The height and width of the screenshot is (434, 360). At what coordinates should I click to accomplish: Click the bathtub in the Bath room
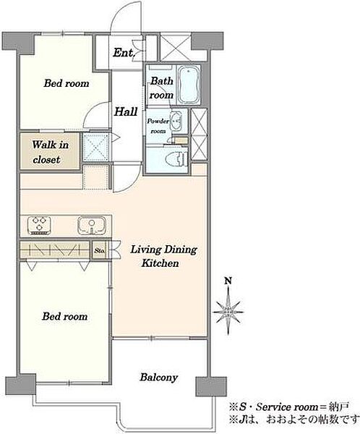[189, 85]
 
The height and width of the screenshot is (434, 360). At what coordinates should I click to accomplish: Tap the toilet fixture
[176, 160]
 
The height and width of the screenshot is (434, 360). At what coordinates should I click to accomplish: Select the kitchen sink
[92, 225]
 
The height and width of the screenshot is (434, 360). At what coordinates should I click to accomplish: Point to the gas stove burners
[39, 225]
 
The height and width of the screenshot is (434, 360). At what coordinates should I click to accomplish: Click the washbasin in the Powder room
[176, 121]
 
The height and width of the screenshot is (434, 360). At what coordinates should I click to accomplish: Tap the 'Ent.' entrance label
[124, 53]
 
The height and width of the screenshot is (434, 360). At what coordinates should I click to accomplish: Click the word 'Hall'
[126, 111]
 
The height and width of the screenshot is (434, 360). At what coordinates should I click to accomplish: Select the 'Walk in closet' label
[50, 152]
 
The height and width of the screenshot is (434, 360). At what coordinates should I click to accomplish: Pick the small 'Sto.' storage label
[100, 251]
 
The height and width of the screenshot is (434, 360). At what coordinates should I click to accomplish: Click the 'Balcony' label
[159, 377]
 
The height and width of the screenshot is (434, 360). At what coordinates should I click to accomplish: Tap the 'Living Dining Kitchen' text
[163, 256]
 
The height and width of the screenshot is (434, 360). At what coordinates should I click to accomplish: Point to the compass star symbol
[228, 311]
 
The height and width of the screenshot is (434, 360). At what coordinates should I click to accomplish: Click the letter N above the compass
[228, 281]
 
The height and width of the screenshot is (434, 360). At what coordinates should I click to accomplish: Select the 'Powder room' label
[158, 126]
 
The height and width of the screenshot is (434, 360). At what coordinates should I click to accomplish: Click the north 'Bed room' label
[67, 83]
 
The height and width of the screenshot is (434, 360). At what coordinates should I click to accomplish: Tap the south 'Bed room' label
[65, 316]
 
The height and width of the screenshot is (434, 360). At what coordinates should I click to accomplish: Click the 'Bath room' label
[162, 88]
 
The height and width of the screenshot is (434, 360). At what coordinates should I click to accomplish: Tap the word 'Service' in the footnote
[273, 407]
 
